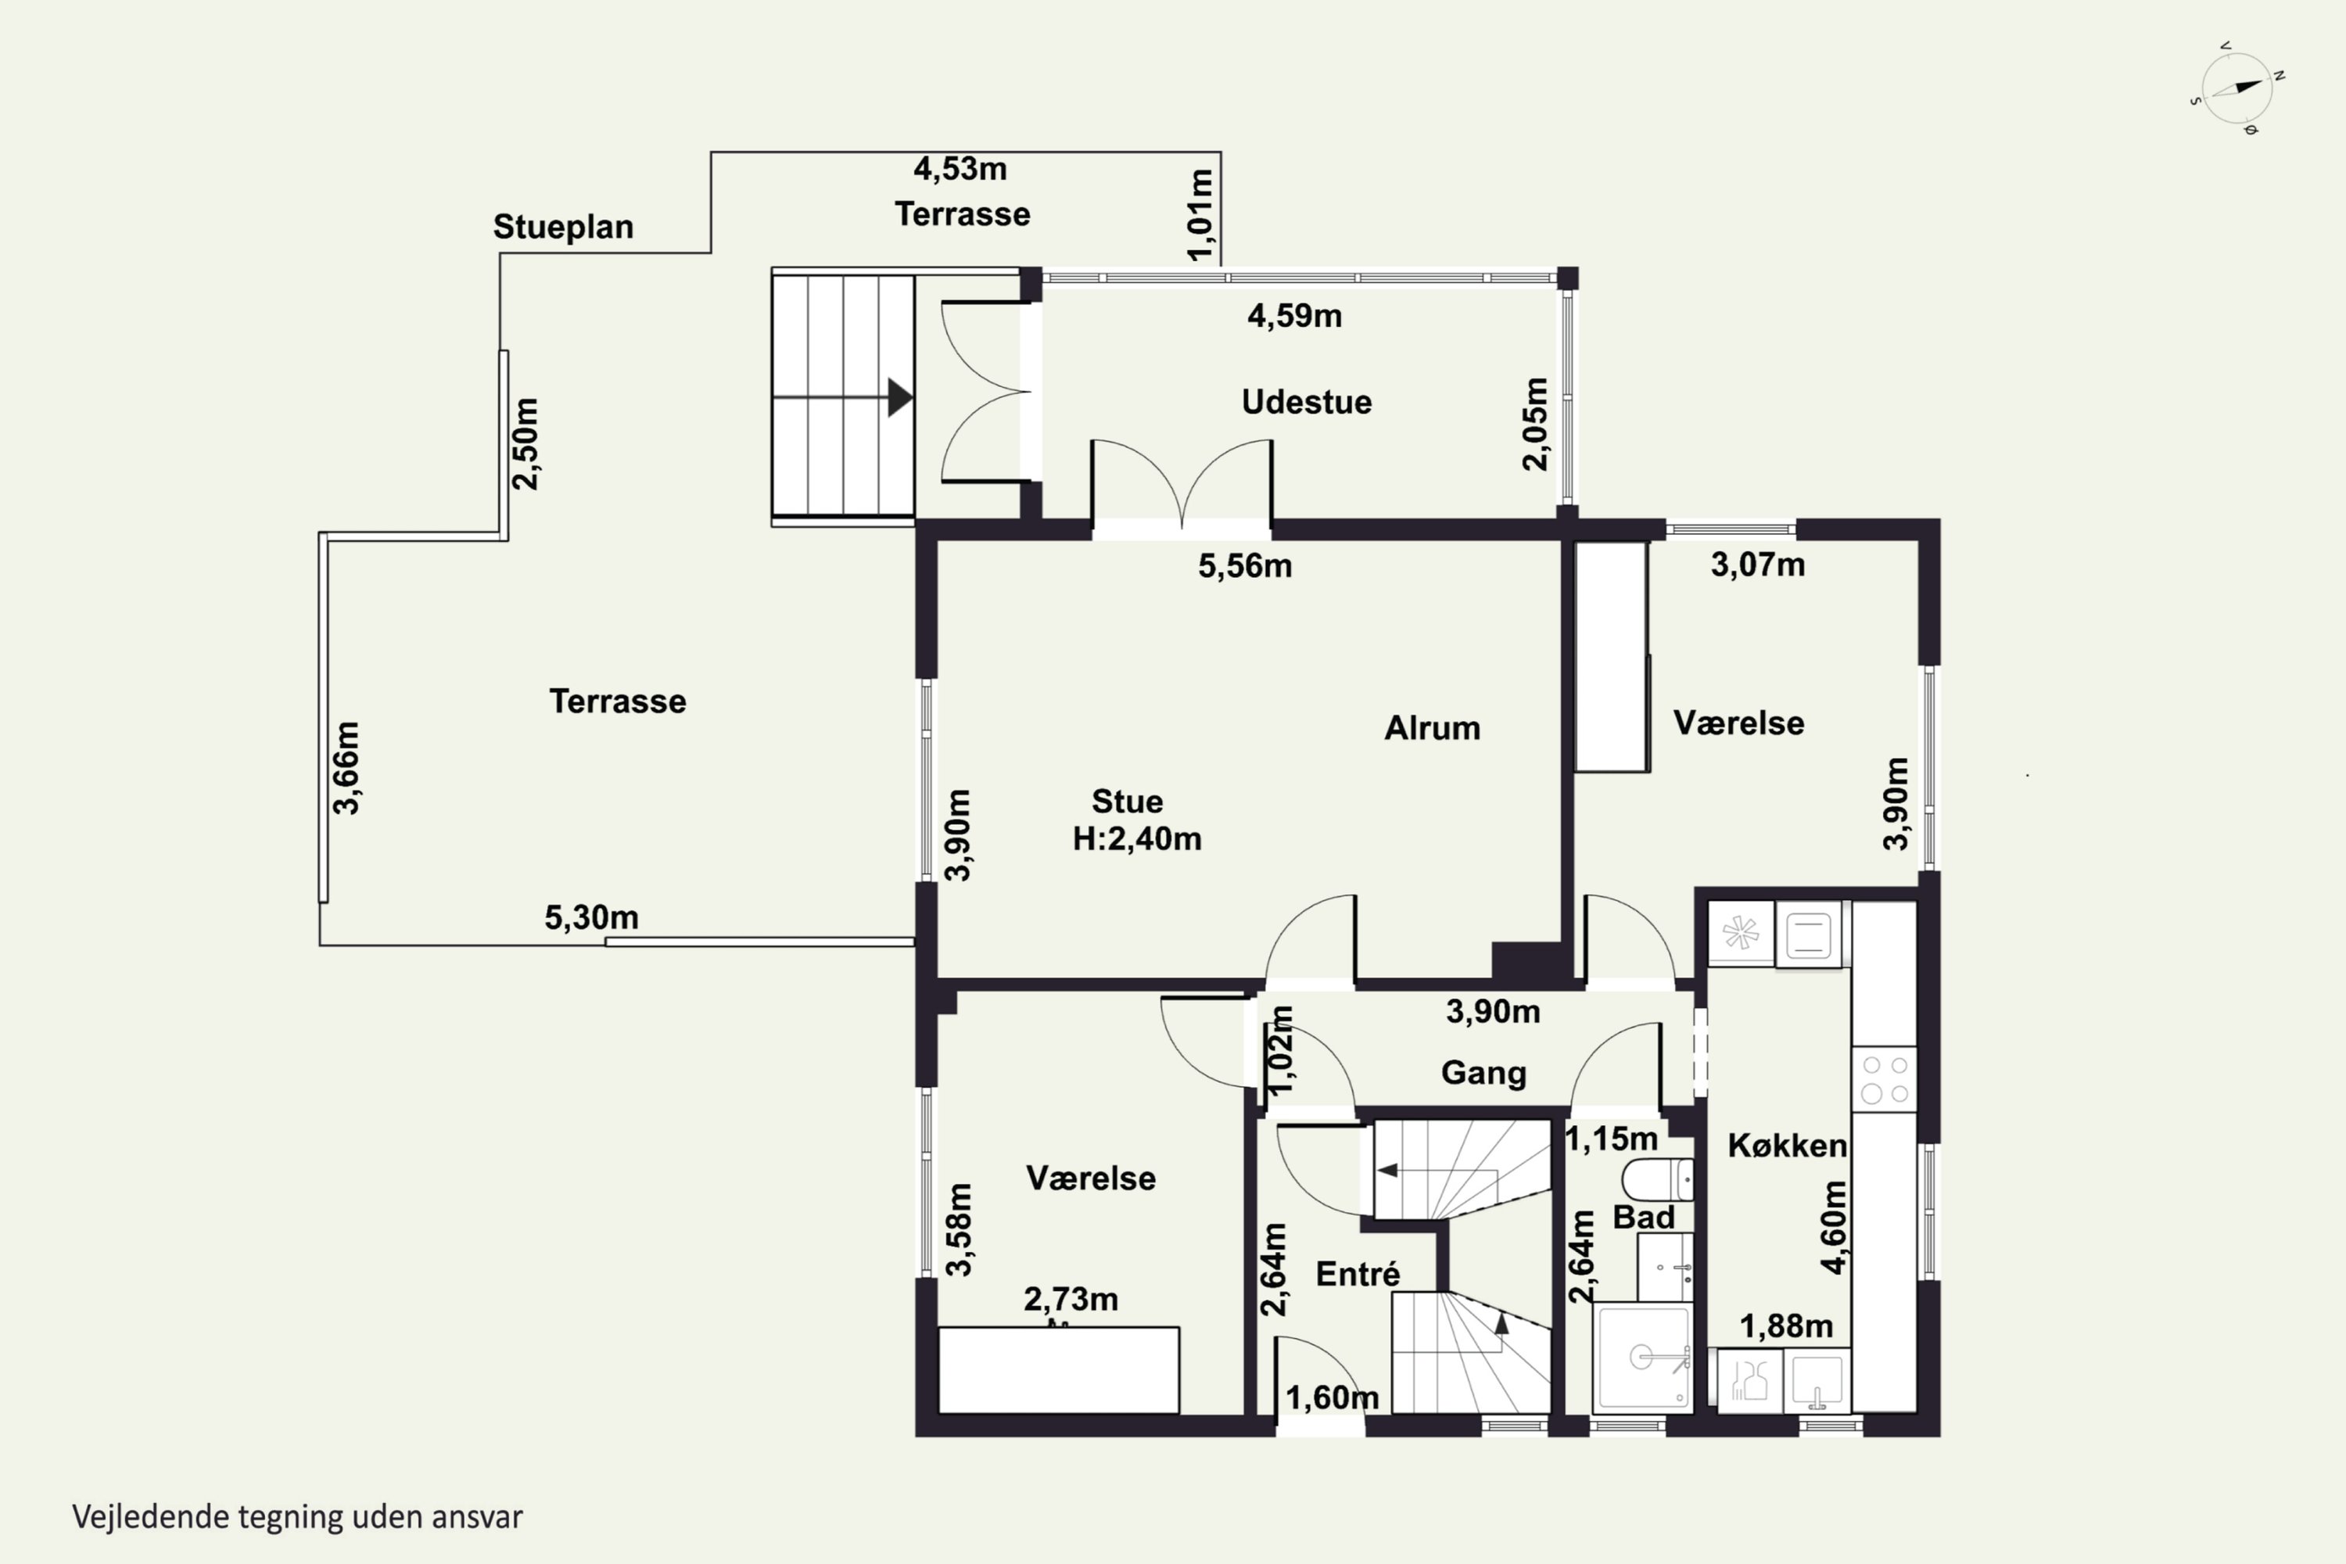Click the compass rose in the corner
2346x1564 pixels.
click(x=2237, y=88)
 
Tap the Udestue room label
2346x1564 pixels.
click(x=1307, y=402)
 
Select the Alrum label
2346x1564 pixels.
click(x=1433, y=728)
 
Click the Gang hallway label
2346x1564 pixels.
click(x=1483, y=1073)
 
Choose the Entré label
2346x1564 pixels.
click(x=1358, y=1274)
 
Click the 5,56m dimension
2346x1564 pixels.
click(x=1245, y=566)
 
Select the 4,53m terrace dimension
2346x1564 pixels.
click(x=960, y=170)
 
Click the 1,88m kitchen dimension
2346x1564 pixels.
click(x=1786, y=1326)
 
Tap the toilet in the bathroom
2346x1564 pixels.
click(x=1658, y=1179)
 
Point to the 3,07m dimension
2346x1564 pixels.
click(x=1757, y=565)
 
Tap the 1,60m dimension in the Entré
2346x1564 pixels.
click(x=1333, y=1398)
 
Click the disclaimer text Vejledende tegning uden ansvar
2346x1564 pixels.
click(x=297, y=1517)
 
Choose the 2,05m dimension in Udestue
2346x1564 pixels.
click(x=1536, y=424)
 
